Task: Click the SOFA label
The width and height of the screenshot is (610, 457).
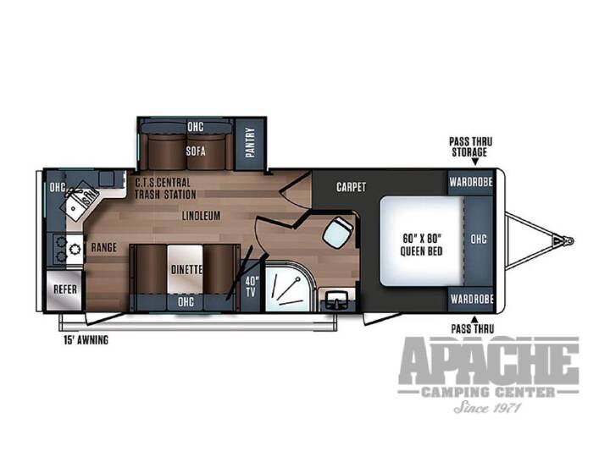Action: click(196, 151)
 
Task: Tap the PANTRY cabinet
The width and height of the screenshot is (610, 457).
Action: click(250, 143)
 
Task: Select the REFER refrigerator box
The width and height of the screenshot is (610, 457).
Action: click(64, 290)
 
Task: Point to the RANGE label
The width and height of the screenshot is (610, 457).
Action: click(104, 247)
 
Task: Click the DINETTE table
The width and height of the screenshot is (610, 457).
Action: click(186, 269)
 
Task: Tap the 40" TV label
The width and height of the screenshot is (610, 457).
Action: click(252, 286)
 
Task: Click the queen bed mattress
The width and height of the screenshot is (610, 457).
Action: click(423, 241)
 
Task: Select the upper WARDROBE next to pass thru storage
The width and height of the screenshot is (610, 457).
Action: click(471, 182)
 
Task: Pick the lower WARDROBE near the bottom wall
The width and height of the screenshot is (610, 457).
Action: click(472, 299)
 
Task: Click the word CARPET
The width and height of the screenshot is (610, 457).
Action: click(351, 187)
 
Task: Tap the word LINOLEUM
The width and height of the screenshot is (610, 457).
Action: click(201, 216)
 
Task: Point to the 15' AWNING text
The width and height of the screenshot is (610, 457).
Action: click(86, 340)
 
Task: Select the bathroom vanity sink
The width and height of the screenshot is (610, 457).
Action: click(337, 300)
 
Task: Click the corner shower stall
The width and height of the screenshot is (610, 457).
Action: click(288, 287)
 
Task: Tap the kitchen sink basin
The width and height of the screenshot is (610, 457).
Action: click(74, 208)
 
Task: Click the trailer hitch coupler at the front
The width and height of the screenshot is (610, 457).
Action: click(564, 241)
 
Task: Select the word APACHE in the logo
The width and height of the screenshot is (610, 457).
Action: click(489, 361)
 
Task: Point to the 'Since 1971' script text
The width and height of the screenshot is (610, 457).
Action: click(487, 407)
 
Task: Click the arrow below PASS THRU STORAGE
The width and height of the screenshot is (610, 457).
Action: click(474, 162)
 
